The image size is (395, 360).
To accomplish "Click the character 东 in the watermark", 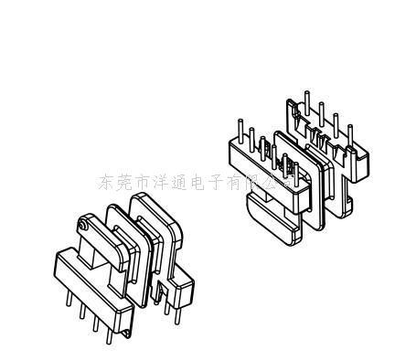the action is coord(107,183).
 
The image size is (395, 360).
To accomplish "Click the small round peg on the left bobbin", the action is coord(83,224).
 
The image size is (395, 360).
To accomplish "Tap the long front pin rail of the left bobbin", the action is coord(91,283).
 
